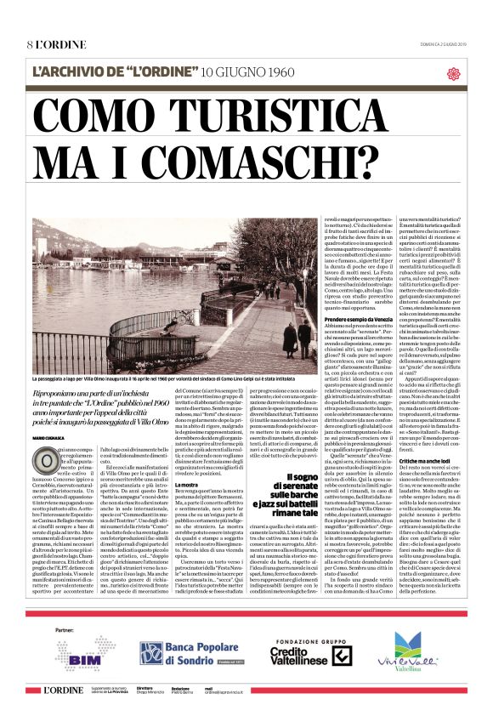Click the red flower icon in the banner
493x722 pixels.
coord(453,74)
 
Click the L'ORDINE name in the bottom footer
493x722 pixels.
coord(62,688)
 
